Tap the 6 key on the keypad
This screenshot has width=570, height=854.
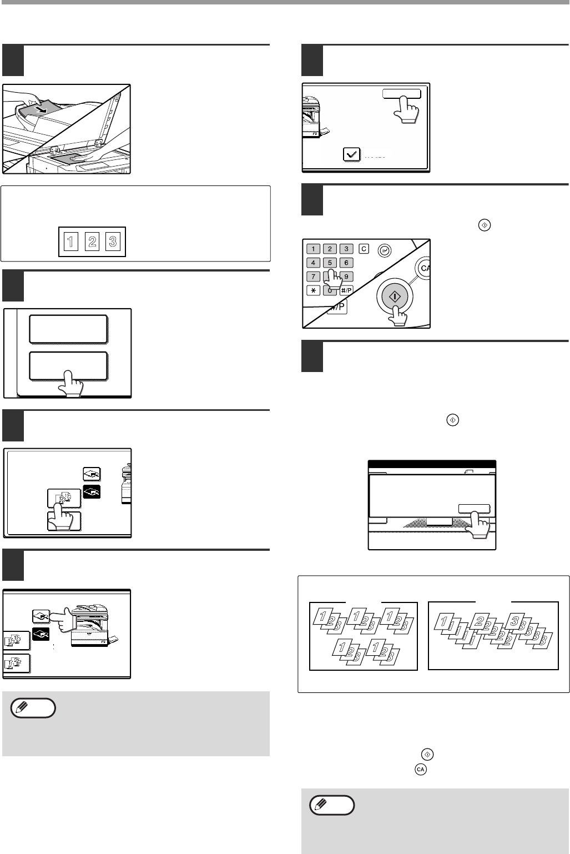pos(346,263)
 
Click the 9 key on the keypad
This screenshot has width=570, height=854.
pos(346,277)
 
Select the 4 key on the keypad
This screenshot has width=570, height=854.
pos(313,263)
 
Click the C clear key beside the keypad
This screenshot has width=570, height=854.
pos(364,249)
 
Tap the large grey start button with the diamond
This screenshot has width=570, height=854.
pos(395,296)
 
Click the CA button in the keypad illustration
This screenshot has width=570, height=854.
pos(423,268)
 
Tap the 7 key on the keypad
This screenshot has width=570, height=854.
pos(313,277)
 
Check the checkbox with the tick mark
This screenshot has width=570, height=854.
pos(352,154)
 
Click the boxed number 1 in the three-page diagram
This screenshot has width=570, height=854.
pos(71,242)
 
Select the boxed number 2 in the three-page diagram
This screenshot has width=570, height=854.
pos(92,242)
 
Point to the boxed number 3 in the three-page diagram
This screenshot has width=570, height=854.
pos(113,242)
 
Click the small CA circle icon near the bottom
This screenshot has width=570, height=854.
pos(421,770)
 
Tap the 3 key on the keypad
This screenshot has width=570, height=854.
pos(346,249)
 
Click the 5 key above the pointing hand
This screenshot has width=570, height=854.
pos(330,263)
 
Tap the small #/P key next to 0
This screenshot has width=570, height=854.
pos(346,290)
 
